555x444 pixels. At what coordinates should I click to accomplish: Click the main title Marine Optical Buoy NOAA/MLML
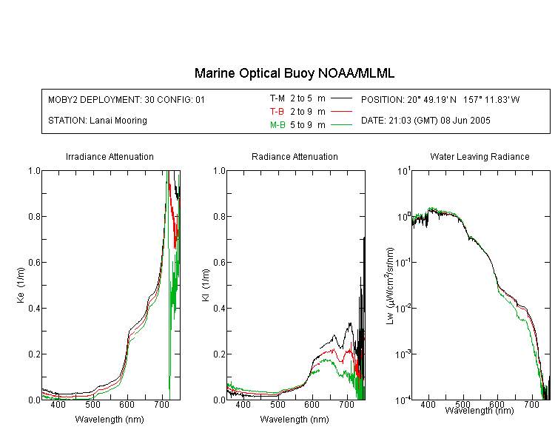click(295, 73)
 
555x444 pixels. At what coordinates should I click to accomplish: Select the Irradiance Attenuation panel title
click(110, 156)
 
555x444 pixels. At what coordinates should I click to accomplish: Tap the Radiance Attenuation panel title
click(295, 156)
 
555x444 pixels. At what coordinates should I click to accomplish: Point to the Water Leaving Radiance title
click(480, 156)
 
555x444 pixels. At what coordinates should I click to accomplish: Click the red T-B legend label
click(277, 112)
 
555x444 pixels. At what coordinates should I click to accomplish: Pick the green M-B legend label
click(277, 125)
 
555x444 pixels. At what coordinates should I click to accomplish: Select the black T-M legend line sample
click(341, 98)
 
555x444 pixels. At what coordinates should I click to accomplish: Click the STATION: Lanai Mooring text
click(98, 121)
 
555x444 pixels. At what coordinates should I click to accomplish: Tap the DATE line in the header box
click(425, 121)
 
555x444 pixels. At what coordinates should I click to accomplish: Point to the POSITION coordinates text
click(440, 99)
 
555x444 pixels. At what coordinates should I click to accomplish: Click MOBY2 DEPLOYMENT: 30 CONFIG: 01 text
click(127, 99)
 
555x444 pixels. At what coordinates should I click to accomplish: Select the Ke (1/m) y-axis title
click(21, 285)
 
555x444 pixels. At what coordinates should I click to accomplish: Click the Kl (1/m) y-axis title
click(206, 285)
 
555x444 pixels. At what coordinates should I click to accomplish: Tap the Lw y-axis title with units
click(389, 286)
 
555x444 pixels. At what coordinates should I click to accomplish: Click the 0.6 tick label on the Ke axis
click(34, 263)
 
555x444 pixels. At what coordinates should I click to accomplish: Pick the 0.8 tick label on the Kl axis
click(219, 216)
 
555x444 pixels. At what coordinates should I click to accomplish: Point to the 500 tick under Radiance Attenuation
click(277, 404)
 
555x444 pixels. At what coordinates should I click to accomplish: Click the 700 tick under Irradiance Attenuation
click(161, 404)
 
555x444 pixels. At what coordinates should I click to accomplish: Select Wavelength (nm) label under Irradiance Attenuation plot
click(110, 420)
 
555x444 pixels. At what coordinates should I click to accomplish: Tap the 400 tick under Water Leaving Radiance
click(428, 404)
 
